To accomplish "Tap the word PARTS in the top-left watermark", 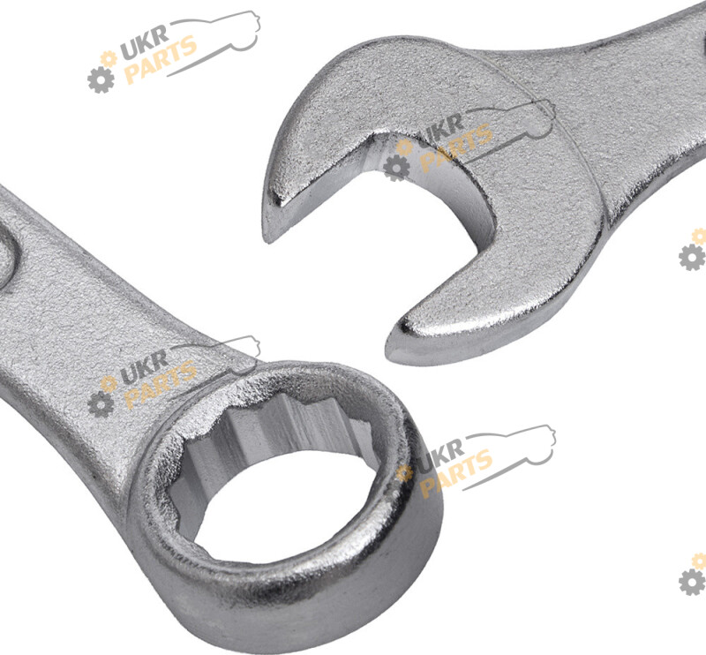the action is tap(160, 60).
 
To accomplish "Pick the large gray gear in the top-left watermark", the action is tap(101, 80).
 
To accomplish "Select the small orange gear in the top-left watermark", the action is tap(109, 59).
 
